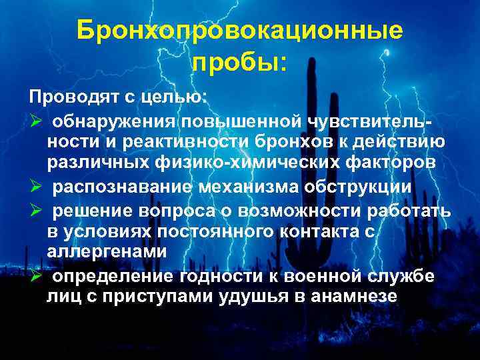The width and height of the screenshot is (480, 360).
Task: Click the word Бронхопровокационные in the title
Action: [239, 30]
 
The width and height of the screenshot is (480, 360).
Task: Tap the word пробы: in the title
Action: [239, 63]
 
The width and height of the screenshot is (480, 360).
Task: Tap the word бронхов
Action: [308, 141]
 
